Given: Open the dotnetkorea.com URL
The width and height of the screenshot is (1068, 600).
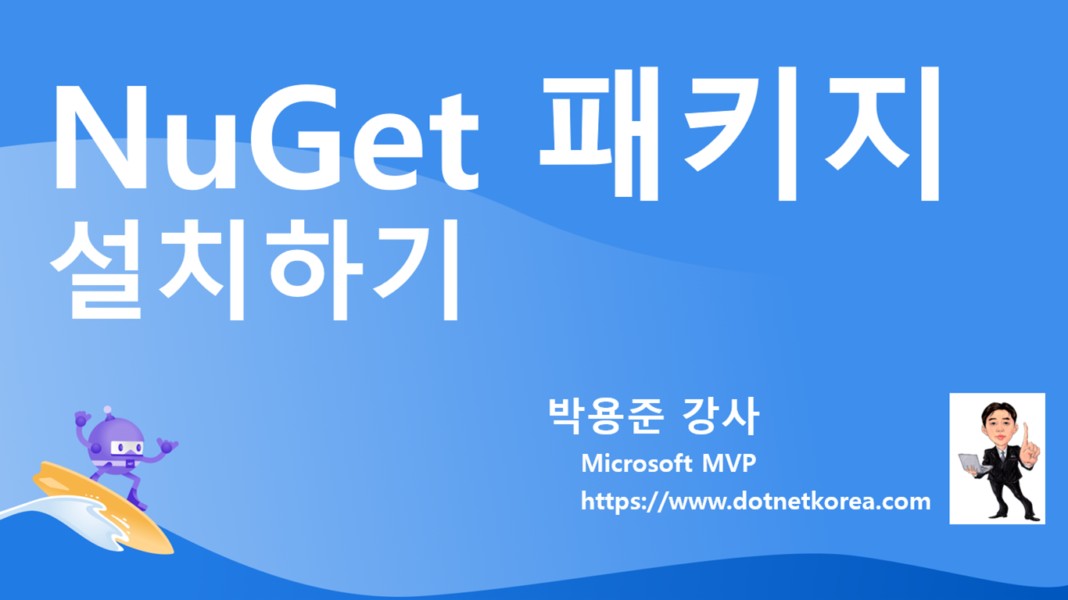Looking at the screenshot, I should tap(755, 501).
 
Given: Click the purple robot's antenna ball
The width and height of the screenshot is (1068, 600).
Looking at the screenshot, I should tap(107, 410).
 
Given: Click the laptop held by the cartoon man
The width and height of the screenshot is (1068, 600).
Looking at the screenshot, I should tap(973, 462).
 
